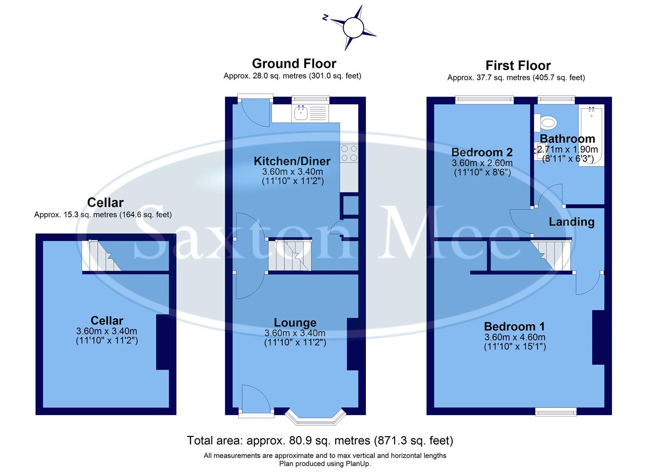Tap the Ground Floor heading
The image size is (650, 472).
coord(294,64)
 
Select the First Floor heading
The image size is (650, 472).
coord(518,66)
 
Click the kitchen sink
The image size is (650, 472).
coord(301,113)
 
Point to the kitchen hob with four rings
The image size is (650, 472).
coord(349,153)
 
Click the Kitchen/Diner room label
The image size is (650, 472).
coord(292,161)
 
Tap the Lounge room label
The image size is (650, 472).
coord(295,323)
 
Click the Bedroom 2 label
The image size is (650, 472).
coord(482,152)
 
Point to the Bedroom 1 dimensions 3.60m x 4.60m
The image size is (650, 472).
coord(515,337)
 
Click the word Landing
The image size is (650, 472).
coord(572,222)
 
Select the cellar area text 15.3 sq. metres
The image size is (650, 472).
coord(103,215)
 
